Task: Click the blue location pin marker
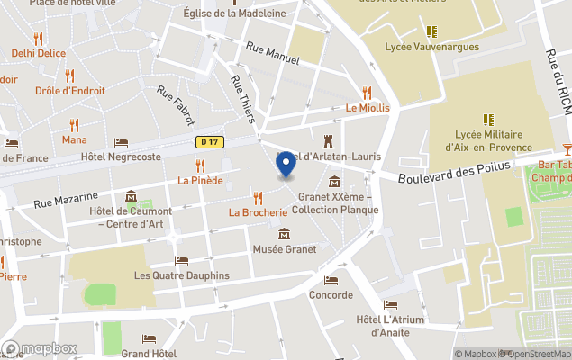point(286,164)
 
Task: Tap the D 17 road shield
point(209,141)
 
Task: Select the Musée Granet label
point(285,249)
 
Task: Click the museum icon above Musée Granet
point(285,234)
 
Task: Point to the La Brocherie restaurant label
point(258,213)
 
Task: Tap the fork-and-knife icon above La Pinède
point(200,166)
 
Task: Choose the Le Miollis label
point(368,108)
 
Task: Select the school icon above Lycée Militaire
point(488,119)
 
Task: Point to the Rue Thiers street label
point(243,99)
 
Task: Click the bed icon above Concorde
point(331,280)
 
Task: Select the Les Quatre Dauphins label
point(181,275)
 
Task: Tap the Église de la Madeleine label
point(234,13)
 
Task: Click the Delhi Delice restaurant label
point(39,53)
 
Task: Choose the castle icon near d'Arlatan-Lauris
point(329,141)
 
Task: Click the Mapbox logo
point(40,349)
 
